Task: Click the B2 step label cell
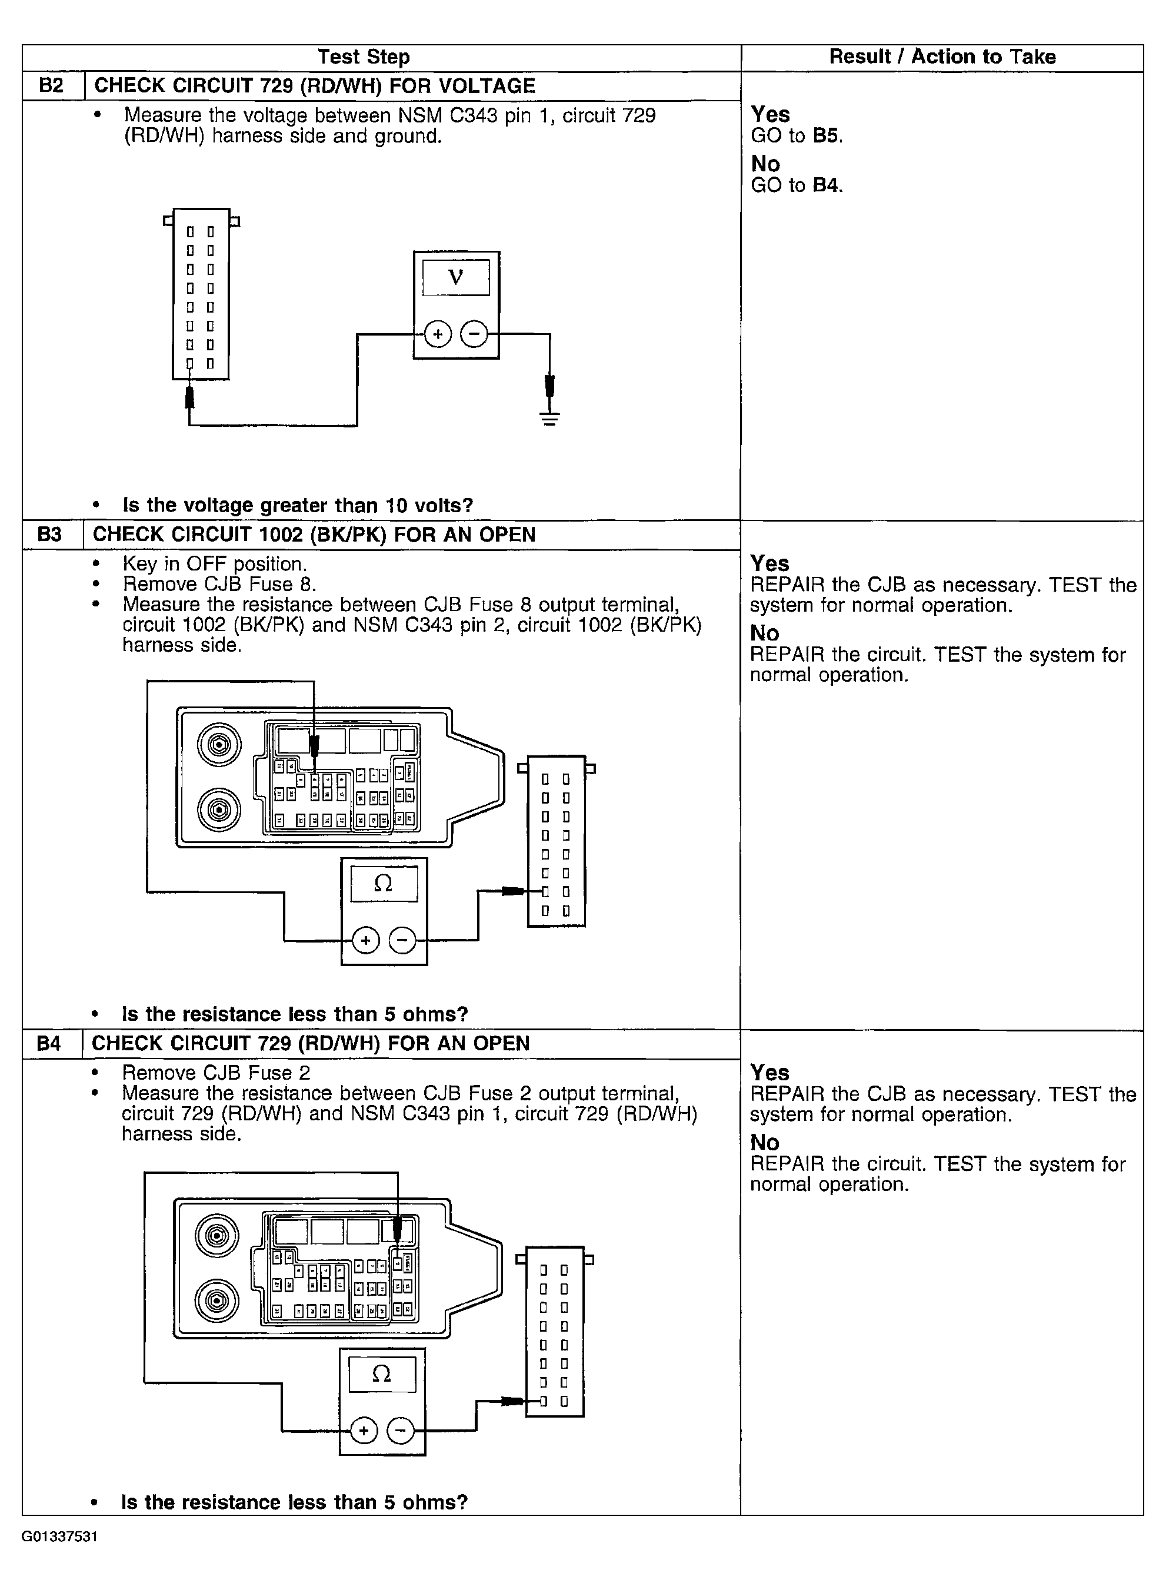coord(52,85)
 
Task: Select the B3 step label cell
coord(49,535)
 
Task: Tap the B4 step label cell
coord(49,1043)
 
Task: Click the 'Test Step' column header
coord(364,57)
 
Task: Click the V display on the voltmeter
coord(456,277)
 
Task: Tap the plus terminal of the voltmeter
coord(438,333)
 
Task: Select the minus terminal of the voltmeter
coord(474,333)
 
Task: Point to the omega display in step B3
coord(383,882)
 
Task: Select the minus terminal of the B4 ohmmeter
coord(401,1431)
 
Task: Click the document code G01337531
coord(59,1537)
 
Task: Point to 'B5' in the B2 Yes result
coord(827,135)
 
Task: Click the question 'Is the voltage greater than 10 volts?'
coord(297,505)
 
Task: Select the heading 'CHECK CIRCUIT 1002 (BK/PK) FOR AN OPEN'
coord(314,535)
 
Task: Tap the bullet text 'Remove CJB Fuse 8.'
coord(219,585)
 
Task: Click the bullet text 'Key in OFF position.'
coord(215,564)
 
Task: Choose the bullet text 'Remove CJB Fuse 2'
coord(215,1073)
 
